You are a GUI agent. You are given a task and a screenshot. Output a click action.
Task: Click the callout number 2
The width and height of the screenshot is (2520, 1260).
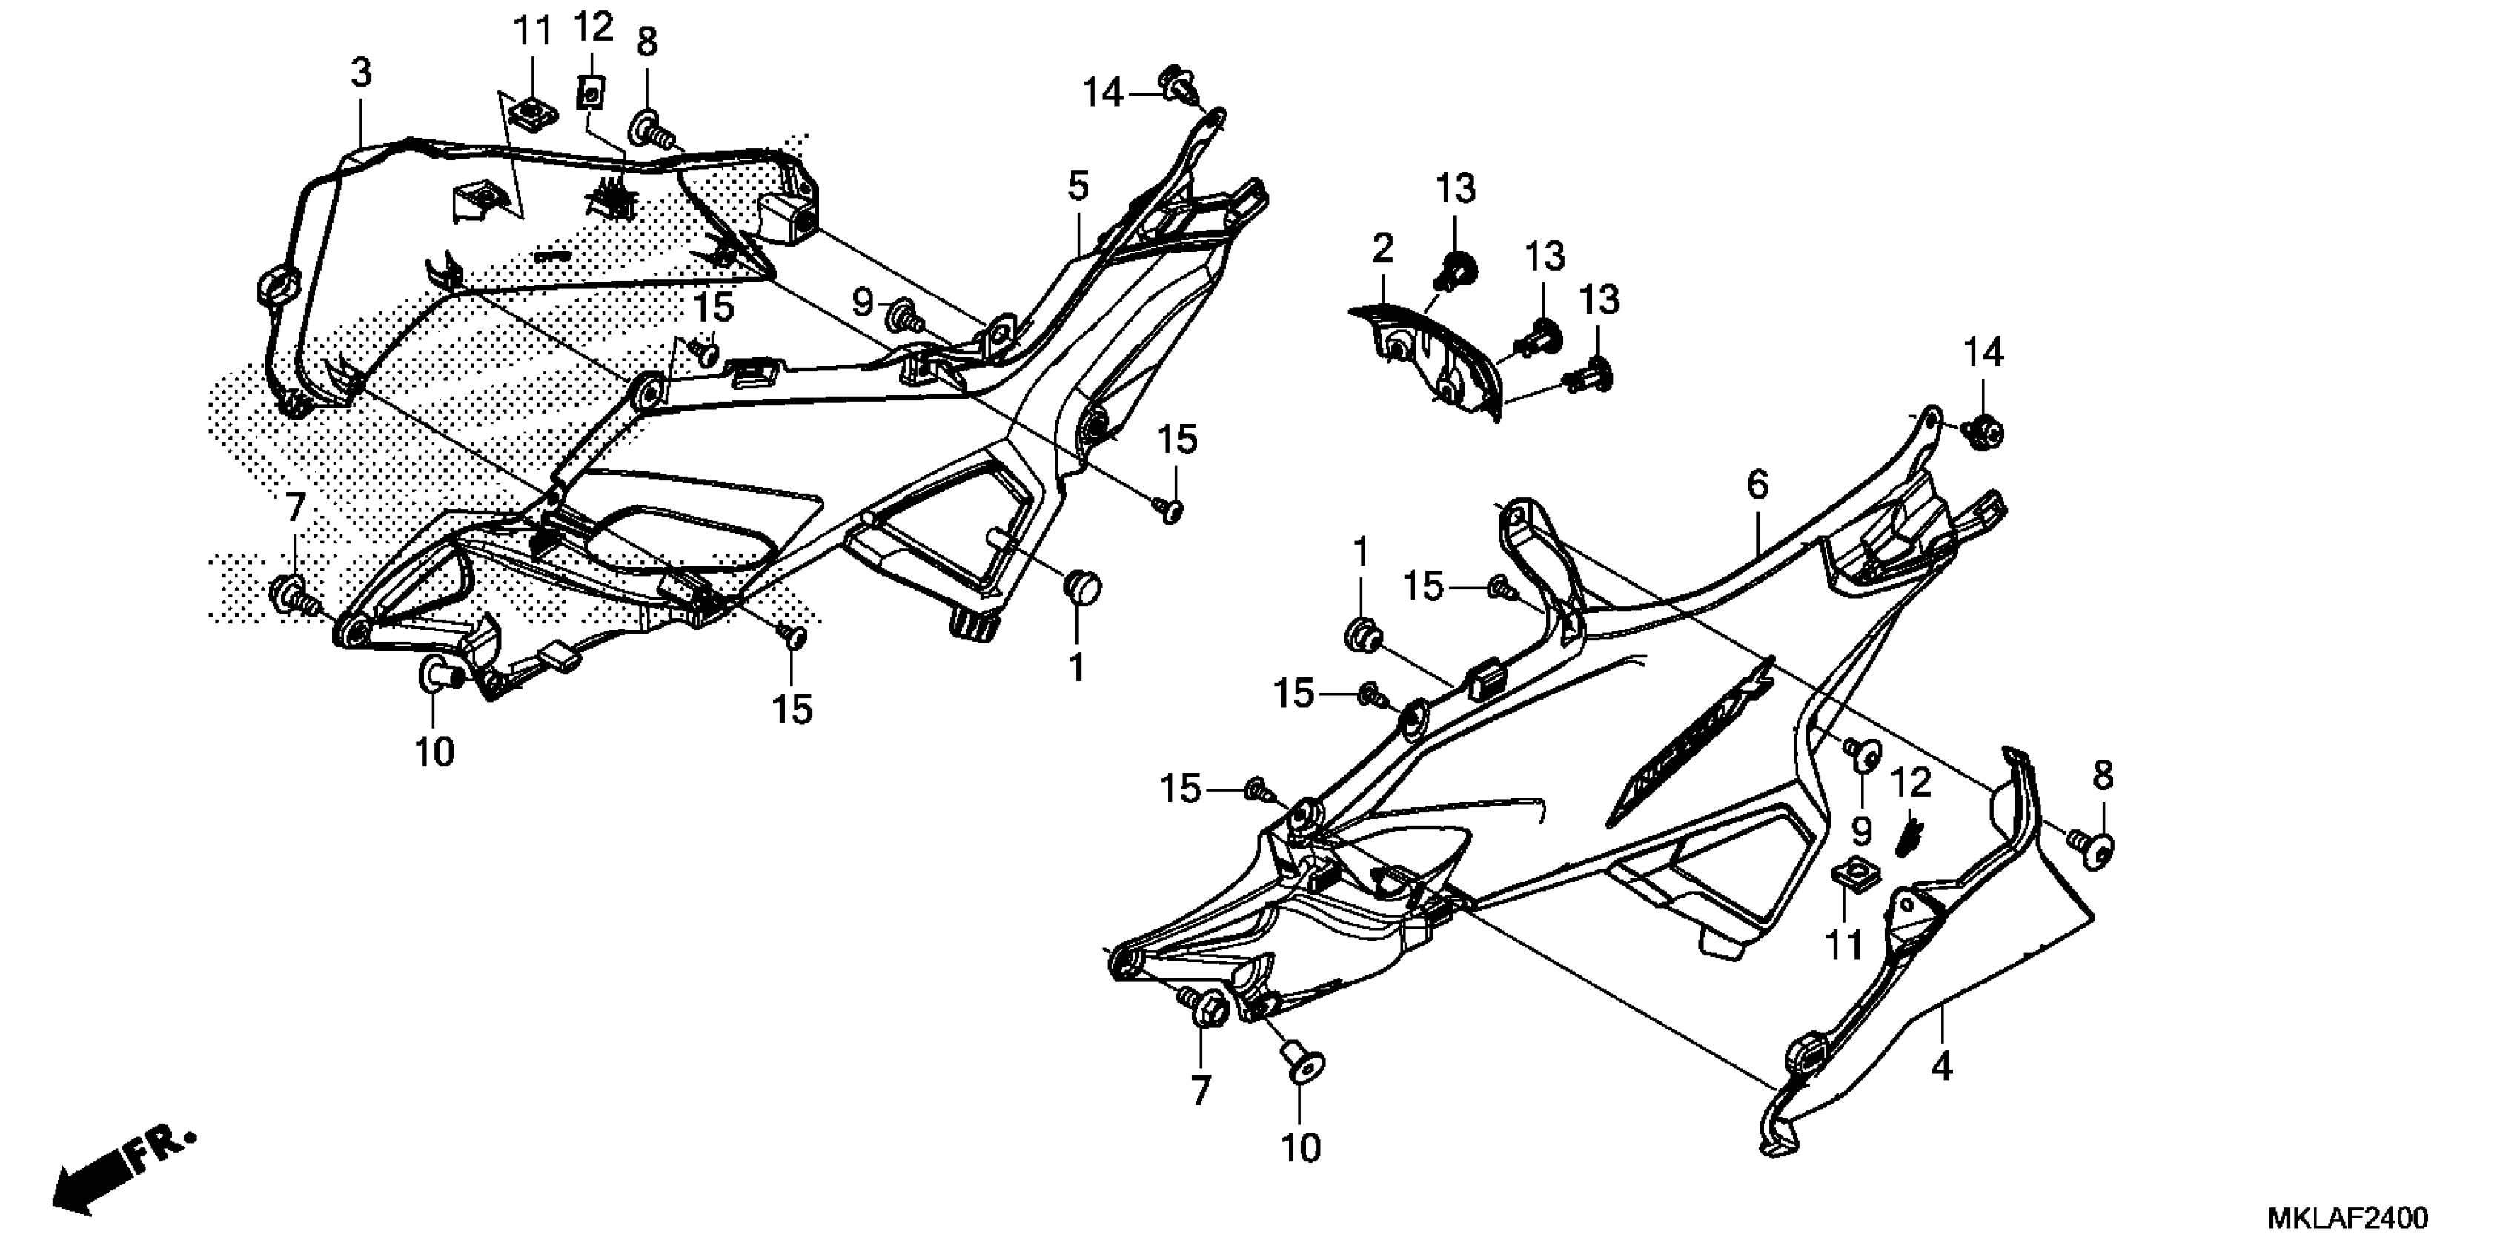(x=1382, y=250)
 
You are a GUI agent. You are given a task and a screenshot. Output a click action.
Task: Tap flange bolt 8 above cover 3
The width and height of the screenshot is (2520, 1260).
(x=649, y=128)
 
